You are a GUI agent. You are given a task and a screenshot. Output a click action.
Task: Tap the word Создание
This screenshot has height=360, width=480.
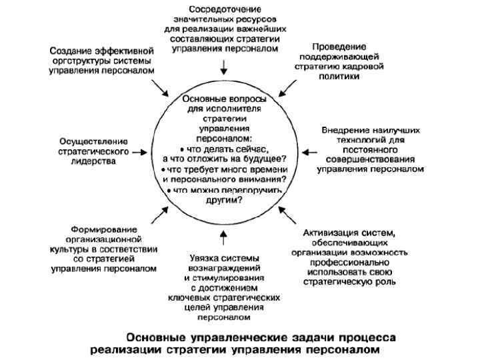pyautogui.click(x=71, y=50)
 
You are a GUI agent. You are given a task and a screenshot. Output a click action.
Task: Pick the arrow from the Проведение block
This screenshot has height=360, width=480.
pyautogui.click(x=287, y=87)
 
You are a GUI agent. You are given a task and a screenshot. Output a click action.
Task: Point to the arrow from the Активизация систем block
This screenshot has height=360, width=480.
pyautogui.click(x=288, y=217)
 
